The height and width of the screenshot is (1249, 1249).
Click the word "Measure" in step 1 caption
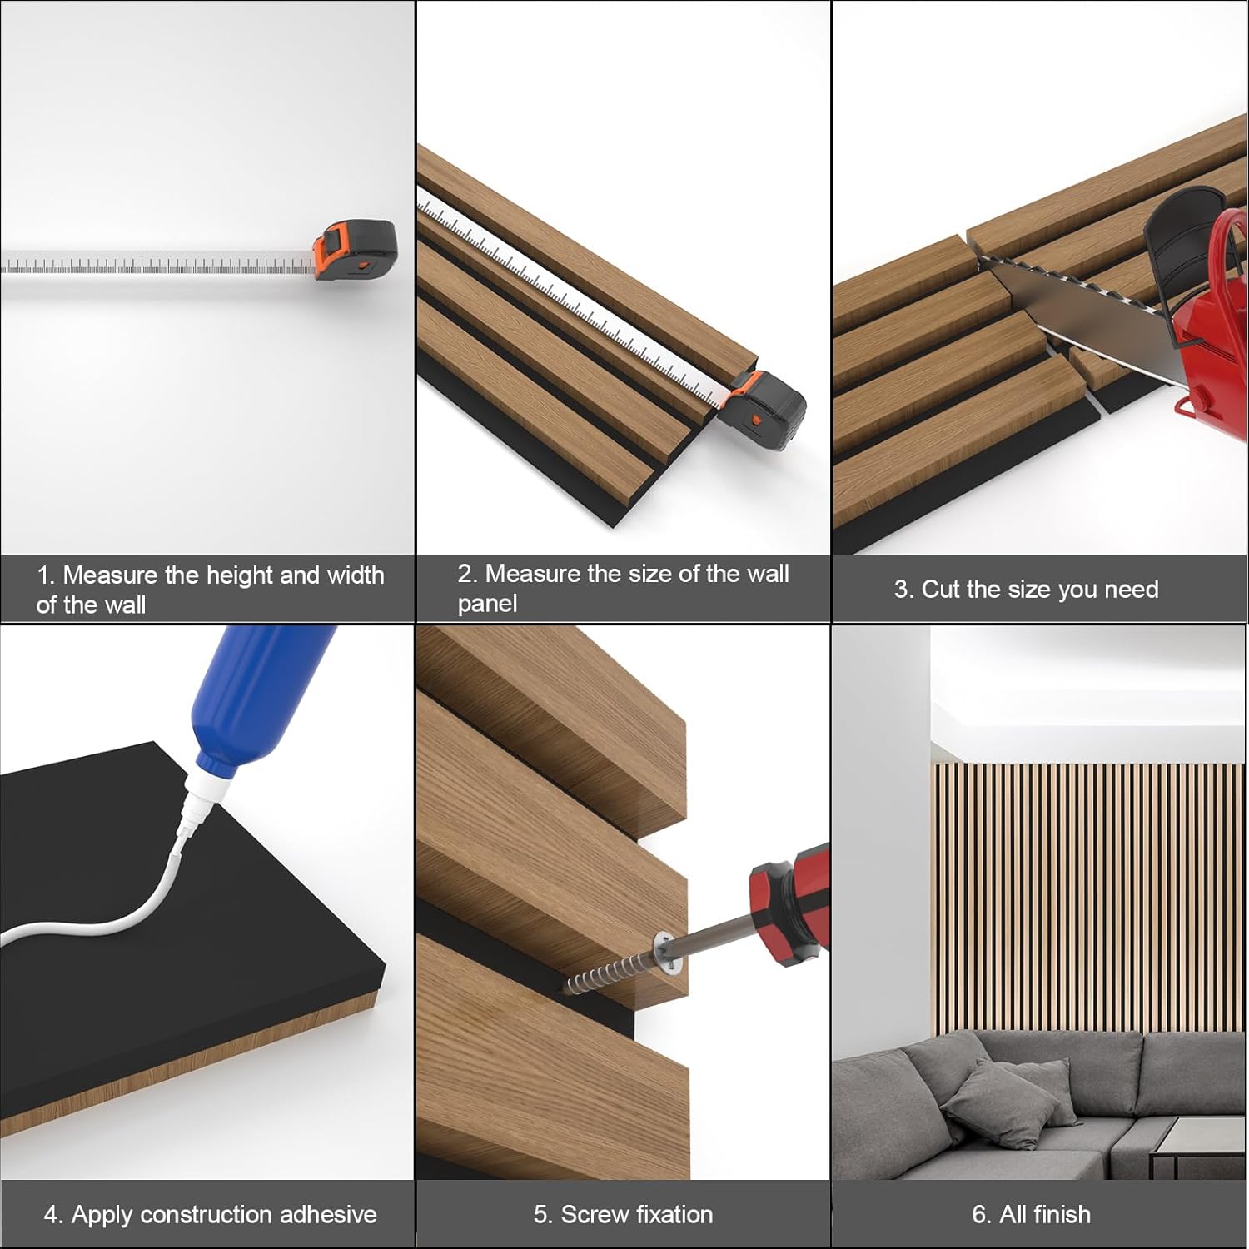(x=110, y=575)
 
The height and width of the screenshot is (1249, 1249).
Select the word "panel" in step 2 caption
(x=487, y=603)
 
